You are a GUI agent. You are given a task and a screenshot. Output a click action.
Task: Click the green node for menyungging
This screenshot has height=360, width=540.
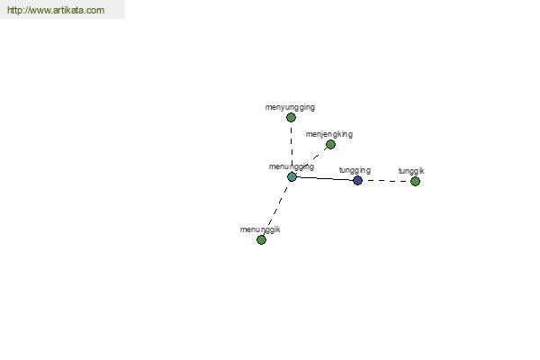tap(291, 118)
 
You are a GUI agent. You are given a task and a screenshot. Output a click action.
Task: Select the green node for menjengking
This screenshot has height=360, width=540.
tap(330, 144)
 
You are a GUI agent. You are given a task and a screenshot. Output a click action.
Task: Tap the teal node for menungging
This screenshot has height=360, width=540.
tap(292, 176)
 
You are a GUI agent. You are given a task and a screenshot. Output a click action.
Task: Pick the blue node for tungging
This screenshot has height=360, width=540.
tap(358, 180)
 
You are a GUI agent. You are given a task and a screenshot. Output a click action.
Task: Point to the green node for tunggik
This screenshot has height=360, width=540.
tap(415, 181)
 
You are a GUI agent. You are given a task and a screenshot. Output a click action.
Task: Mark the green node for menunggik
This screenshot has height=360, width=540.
tap(261, 239)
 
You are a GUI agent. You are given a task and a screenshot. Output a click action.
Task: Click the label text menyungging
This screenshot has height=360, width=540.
tap(290, 107)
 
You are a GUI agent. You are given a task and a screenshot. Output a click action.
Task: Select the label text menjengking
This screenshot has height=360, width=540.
tap(329, 134)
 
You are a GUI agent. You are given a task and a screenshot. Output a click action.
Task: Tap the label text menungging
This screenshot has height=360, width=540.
tap(292, 166)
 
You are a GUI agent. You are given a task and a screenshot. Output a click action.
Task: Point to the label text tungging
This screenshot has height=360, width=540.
tap(355, 170)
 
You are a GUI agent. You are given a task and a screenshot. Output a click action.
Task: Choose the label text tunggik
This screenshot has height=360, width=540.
tap(411, 171)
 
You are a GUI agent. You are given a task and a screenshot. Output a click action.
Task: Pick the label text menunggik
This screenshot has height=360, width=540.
tap(260, 229)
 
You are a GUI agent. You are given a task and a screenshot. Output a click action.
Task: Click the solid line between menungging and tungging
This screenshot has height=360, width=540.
tap(325, 178)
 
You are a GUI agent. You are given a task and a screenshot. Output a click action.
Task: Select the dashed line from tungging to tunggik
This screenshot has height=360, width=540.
tap(386, 181)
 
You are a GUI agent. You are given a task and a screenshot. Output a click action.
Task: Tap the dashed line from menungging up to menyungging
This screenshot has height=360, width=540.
tap(292, 147)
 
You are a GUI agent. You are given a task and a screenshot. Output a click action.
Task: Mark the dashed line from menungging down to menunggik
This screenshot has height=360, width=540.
tap(276, 209)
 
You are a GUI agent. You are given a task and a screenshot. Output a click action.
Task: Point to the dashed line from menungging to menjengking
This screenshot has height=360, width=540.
tap(311, 160)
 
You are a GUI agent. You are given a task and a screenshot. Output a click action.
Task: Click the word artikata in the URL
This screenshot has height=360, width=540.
tap(68, 10)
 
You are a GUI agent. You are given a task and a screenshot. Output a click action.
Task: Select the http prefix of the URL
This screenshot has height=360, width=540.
tap(14, 10)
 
